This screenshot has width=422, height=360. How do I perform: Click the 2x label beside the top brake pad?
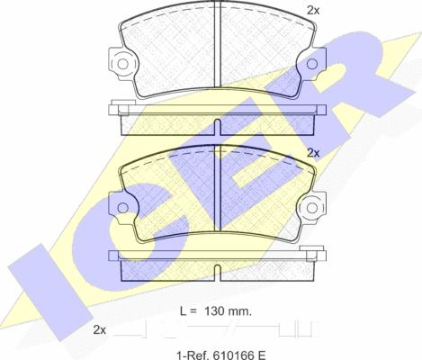[313, 11]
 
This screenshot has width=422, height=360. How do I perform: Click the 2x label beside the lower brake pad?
[313, 153]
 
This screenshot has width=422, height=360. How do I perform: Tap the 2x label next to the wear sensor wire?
[100, 330]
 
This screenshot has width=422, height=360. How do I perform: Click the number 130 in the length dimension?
[214, 311]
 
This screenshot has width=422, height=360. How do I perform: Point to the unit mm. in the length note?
[239, 312]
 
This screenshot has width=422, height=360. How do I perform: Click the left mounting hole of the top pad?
[122, 64]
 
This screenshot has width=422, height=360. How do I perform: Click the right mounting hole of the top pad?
[312, 64]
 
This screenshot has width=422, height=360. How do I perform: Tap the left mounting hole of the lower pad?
[122, 208]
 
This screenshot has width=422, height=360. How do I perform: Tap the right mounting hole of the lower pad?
[312, 208]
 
